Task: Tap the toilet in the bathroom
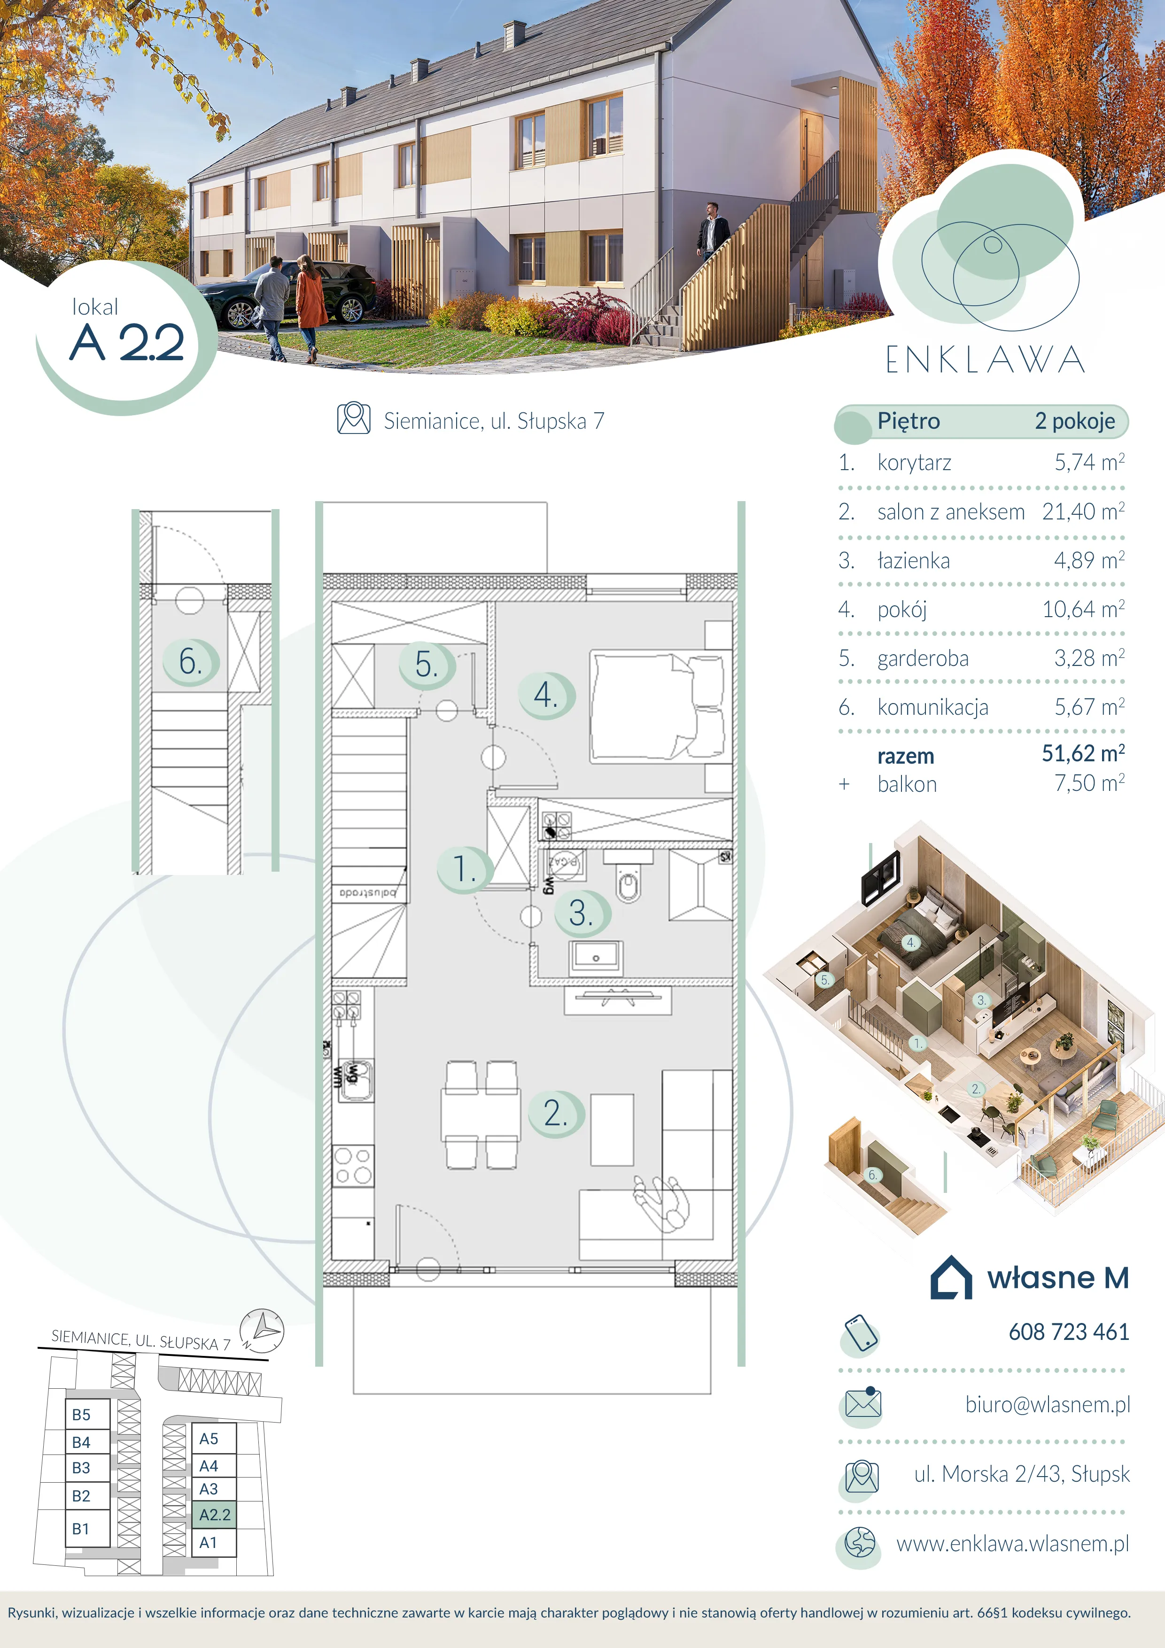[x=628, y=877]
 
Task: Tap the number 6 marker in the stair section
[x=189, y=662]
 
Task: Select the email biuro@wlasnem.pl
[x=1047, y=1405]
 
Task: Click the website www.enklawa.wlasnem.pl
[x=1012, y=1543]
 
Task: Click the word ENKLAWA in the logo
[x=985, y=360]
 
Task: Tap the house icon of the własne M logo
[x=951, y=1277]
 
